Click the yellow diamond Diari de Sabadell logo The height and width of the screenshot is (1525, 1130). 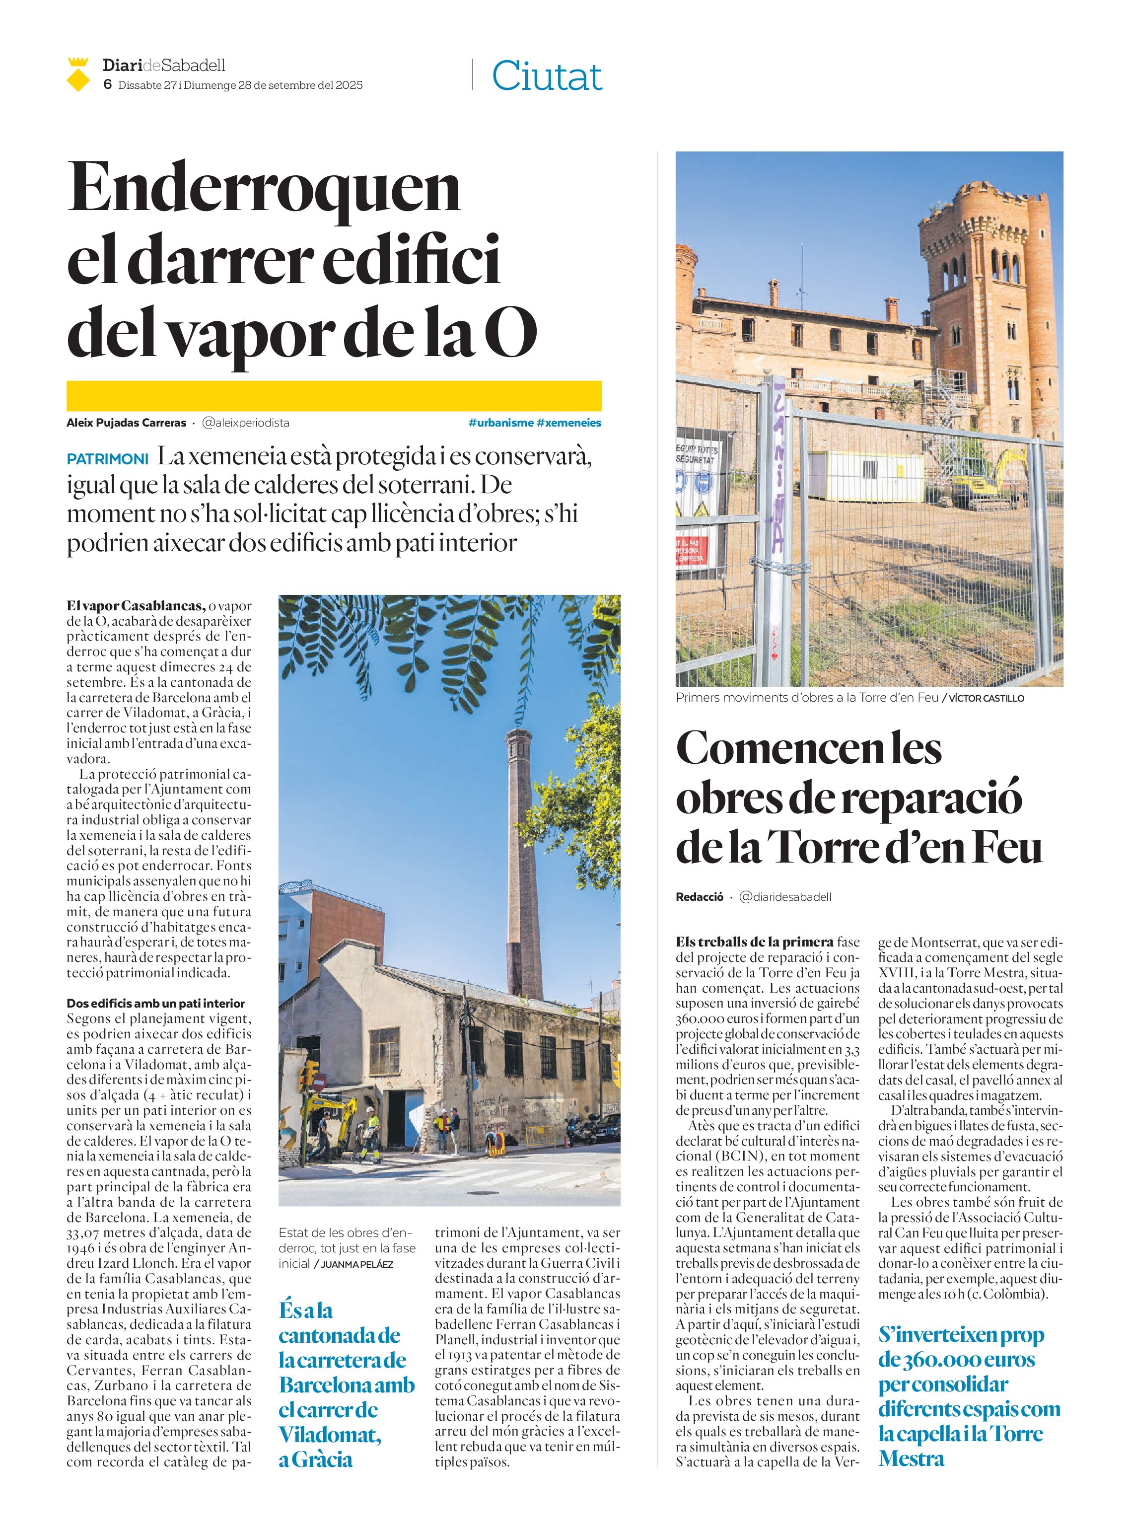click(x=78, y=76)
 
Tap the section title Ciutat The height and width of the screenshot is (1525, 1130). click(x=547, y=76)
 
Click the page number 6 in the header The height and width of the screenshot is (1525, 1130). click(x=107, y=85)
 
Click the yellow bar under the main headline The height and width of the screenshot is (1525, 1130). click(x=334, y=395)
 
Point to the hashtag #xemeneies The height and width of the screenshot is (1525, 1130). click(x=568, y=423)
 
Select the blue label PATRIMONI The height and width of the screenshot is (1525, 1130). click(x=107, y=459)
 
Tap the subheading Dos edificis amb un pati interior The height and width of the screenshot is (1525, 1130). click(x=155, y=1004)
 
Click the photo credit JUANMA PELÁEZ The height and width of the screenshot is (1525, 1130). click(x=357, y=1264)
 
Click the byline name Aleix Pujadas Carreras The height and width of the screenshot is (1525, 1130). click(x=126, y=423)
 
